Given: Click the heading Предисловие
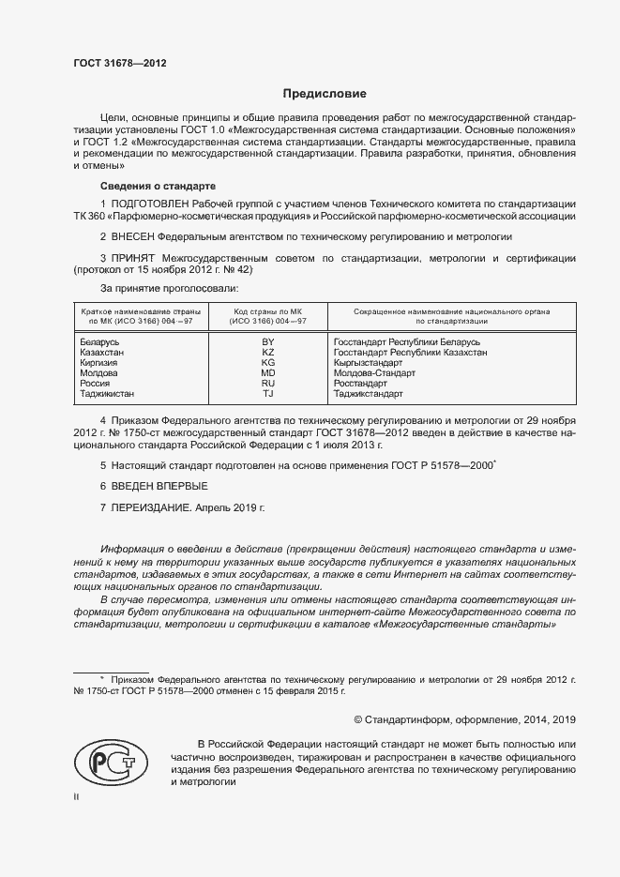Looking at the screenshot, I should (325, 94).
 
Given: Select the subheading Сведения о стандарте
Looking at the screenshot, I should (158, 186).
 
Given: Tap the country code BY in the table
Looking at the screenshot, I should (267, 342).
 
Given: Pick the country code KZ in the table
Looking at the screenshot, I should (267, 353).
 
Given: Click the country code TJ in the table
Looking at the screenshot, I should (267, 394).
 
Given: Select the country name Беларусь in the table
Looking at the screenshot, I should (100, 342).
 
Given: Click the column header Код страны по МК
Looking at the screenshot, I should (267, 310).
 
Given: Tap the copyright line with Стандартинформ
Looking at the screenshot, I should (464, 719).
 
